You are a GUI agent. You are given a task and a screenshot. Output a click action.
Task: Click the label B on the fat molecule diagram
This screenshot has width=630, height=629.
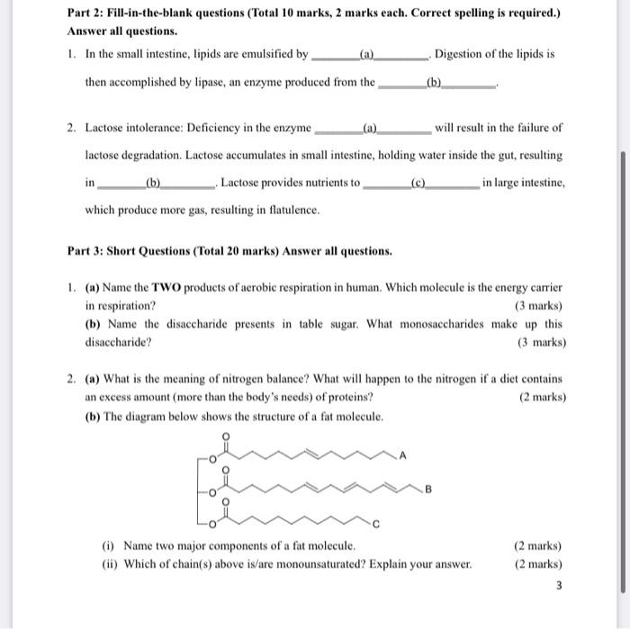coord(428,490)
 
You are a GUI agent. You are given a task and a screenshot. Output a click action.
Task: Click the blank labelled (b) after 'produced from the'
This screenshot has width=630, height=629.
coord(436,82)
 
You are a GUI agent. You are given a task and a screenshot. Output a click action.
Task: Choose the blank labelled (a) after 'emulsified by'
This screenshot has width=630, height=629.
coord(367,54)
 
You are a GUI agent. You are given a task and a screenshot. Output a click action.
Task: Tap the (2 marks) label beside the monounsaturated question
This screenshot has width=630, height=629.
coord(537,564)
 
